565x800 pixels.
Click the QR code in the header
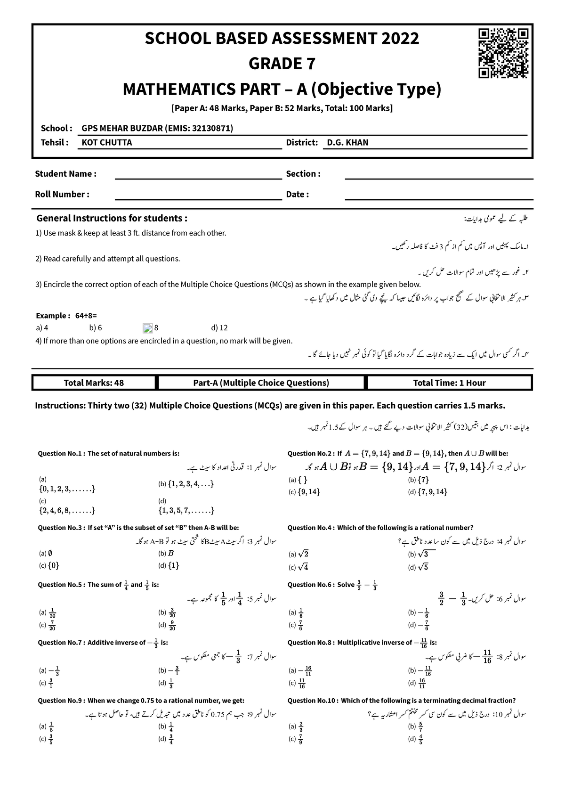[x=503, y=53]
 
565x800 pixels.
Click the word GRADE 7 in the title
[x=282, y=64]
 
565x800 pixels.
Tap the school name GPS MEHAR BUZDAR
[x=157, y=128]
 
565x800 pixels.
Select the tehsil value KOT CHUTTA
[x=107, y=142]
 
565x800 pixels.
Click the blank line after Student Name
[x=198, y=178]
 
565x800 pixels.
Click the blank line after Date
[x=439, y=198]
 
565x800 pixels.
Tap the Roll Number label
[x=62, y=195]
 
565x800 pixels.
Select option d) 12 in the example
[x=220, y=328]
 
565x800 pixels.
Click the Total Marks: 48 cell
[x=94, y=383]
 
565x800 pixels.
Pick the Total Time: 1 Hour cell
[x=449, y=383]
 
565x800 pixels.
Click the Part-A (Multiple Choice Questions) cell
[x=261, y=383]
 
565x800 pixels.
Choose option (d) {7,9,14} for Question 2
[x=428, y=492]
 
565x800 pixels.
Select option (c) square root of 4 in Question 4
[x=299, y=568]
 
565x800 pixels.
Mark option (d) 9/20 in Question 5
[x=168, y=625]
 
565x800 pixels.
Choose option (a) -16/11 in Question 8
[x=301, y=670]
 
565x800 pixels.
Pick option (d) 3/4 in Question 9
[x=168, y=739]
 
